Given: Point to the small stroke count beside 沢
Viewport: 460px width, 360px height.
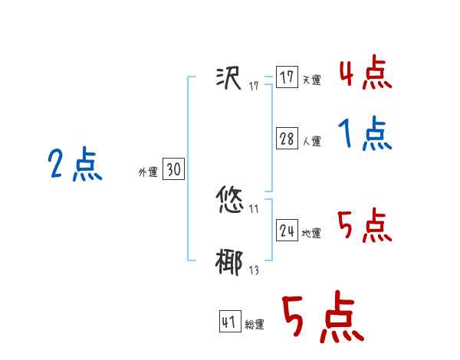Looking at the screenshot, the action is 254,86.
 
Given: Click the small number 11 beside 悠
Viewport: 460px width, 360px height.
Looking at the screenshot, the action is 254,210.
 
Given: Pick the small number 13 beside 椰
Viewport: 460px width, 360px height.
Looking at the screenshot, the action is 254,270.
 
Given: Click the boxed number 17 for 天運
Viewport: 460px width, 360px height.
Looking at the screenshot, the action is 287,77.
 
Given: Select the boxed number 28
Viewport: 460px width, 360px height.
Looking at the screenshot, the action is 287,139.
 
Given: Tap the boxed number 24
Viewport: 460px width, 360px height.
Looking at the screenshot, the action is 287,231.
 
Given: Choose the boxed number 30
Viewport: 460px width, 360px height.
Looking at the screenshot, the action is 173,170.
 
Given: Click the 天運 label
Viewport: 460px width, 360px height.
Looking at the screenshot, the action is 311,80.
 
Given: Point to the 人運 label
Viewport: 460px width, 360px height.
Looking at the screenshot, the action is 311,142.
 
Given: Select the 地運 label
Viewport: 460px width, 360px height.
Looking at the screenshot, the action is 311,234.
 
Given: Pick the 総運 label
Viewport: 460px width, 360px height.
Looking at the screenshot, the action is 255,326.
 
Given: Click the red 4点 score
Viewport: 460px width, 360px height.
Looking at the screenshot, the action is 365,74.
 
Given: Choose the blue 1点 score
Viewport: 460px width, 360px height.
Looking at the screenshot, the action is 365,135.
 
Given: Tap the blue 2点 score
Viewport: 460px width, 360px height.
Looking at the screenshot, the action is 74,165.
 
